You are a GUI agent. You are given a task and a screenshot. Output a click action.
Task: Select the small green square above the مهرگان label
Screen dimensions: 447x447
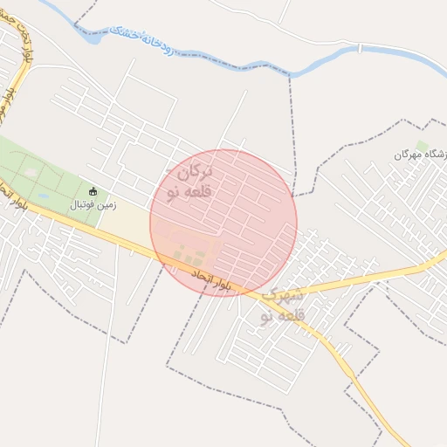coord(423,145)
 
